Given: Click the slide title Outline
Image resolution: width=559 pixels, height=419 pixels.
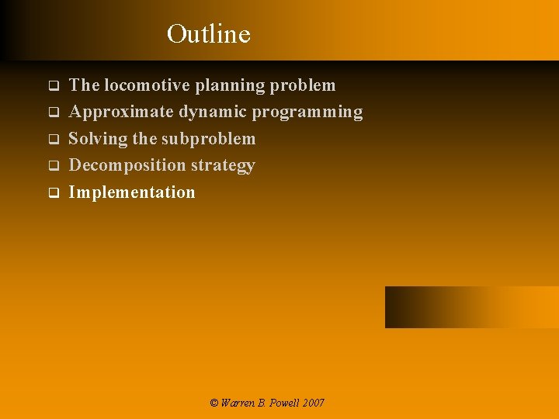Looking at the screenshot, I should [x=208, y=34].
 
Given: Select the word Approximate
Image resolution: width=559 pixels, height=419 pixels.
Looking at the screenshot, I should [x=121, y=112].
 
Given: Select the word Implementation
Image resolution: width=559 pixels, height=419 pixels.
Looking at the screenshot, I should [x=132, y=192].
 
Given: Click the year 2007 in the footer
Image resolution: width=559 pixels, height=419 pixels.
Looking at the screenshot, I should [x=314, y=403].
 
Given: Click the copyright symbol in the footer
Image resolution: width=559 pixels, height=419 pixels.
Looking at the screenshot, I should [x=214, y=403].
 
